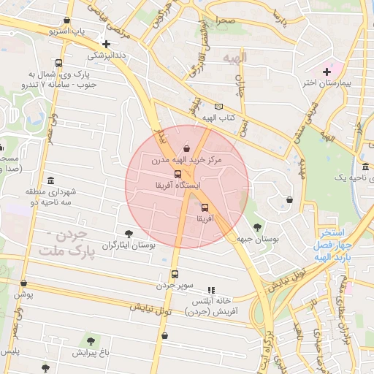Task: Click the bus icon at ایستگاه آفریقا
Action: (x=178, y=174)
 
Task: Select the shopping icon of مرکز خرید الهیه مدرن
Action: (x=188, y=149)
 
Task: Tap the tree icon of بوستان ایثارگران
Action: (x=129, y=234)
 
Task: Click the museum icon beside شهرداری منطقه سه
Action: (x=50, y=180)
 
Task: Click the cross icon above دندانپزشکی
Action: (x=107, y=44)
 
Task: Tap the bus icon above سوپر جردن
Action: (x=174, y=275)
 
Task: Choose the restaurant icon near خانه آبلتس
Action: (x=212, y=290)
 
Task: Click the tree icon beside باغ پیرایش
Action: (x=91, y=341)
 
